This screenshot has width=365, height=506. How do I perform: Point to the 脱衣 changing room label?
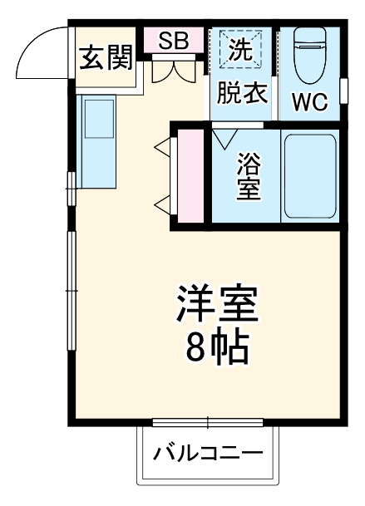click(x=242, y=92)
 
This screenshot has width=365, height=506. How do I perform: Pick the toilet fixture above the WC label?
click(x=310, y=53)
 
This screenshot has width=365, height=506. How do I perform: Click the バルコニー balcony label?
click(x=207, y=454)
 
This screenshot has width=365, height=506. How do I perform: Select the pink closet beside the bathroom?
click(x=190, y=176)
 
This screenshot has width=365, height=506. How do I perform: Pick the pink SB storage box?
click(x=174, y=40)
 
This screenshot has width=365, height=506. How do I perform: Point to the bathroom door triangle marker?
click(x=224, y=138)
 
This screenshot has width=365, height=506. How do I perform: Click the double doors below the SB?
click(x=174, y=71)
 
